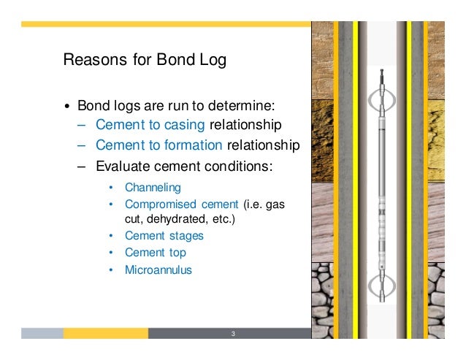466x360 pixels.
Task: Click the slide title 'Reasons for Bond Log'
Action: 145,60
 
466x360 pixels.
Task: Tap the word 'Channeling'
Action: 153,188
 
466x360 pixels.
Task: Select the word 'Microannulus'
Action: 158,269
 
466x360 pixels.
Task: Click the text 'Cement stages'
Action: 164,236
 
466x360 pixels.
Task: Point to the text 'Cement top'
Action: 156,253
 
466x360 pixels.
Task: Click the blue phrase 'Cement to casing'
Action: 151,123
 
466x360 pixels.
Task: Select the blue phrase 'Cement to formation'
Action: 158,145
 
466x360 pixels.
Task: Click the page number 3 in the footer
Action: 232,334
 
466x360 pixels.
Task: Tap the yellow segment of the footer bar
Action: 105,333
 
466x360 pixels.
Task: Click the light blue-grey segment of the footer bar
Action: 42,333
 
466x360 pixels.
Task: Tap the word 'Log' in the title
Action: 211,60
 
